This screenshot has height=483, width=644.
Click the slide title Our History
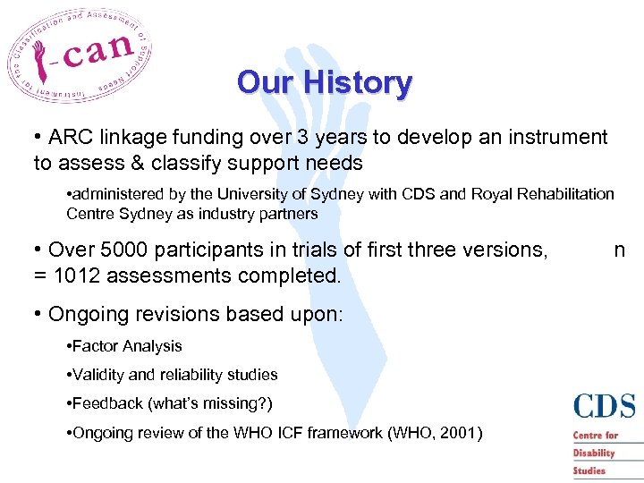point(324,83)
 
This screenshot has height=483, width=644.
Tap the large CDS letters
point(604,407)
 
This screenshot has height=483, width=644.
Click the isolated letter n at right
point(619,250)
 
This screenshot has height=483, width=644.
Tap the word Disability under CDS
point(595,453)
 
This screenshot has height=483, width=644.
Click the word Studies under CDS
point(589,470)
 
